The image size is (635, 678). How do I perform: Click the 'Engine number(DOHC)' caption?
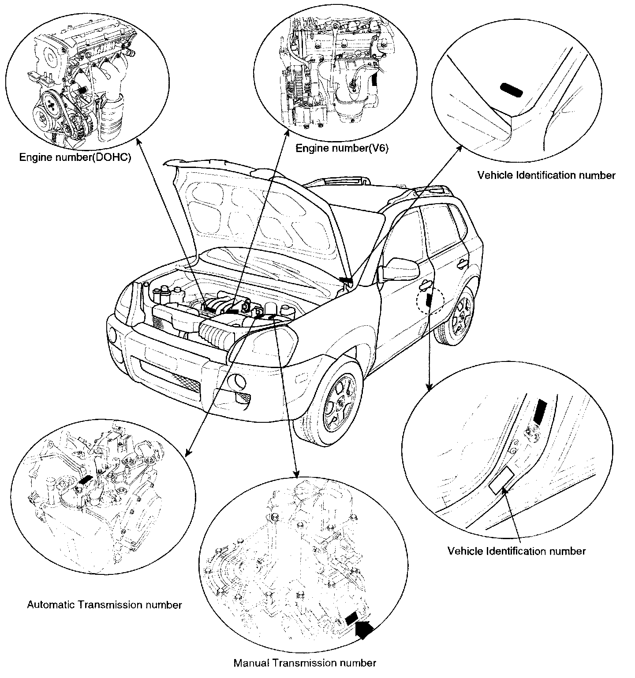click(x=75, y=157)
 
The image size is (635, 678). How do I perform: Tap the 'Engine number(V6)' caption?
click(x=342, y=148)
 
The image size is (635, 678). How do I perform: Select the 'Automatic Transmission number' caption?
click(x=105, y=604)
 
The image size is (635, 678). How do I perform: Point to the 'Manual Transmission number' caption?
click(x=305, y=662)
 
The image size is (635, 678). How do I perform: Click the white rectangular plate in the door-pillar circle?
click(x=501, y=480)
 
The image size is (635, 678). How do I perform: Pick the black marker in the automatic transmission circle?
click(x=86, y=480)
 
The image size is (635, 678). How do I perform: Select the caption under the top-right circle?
click(x=546, y=175)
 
